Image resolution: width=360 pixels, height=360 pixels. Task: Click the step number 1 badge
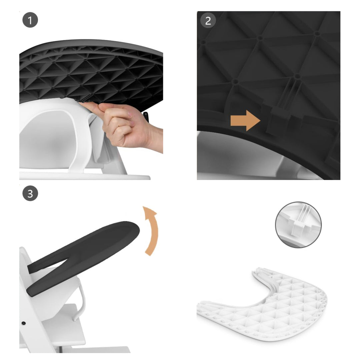pos(30,21)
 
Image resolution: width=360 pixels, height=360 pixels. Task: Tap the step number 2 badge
pos(208,21)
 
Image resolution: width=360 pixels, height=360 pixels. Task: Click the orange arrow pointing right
pos(245,120)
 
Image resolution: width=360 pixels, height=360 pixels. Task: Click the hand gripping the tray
pos(130,125)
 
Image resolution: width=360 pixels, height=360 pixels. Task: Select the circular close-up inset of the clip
pos(298,224)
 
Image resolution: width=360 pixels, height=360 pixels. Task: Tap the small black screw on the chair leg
pos(24,323)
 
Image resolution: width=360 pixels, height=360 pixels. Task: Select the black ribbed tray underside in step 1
pos(90,73)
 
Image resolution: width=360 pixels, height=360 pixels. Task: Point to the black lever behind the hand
pos(146,117)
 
